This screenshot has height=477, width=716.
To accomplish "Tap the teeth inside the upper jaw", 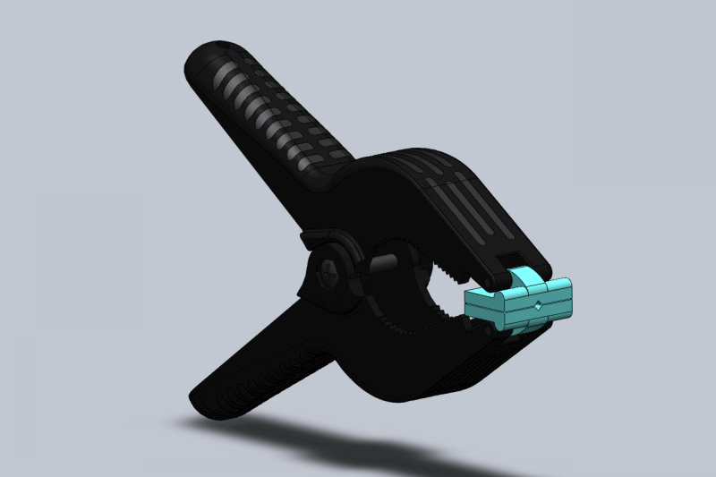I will [447, 268].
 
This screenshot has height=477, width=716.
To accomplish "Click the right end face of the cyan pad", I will [565, 298].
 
